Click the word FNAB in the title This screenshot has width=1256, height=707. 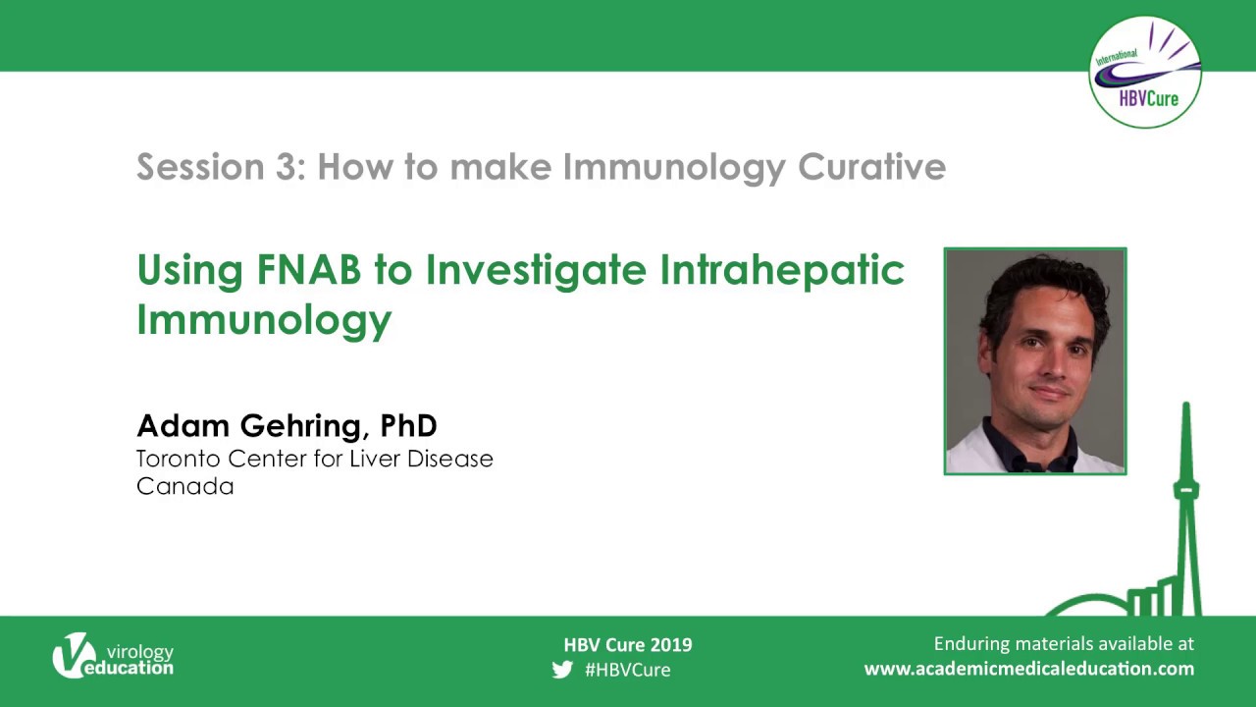(x=308, y=270)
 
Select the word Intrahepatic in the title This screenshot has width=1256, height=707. (x=781, y=270)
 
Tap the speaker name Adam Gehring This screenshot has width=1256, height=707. (x=249, y=425)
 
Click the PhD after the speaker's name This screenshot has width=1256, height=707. (x=408, y=425)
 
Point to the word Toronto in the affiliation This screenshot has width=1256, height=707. (x=179, y=459)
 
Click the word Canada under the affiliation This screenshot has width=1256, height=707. (x=184, y=486)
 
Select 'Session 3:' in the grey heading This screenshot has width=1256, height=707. (x=221, y=167)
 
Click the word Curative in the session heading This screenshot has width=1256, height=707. (x=871, y=167)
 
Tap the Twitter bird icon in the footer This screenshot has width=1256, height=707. (x=562, y=670)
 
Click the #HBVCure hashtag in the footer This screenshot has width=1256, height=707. (x=628, y=670)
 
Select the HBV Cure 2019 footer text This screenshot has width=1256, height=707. (x=628, y=645)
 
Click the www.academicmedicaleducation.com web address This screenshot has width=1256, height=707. (x=1028, y=669)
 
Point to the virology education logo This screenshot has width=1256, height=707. (x=112, y=655)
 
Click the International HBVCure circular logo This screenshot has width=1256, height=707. (x=1144, y=73)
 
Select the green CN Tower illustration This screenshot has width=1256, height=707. (x=1185, y=511)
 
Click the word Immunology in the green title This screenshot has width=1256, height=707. (x=264, y=319)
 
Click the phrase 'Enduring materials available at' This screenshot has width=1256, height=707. (x=1064, y=644)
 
